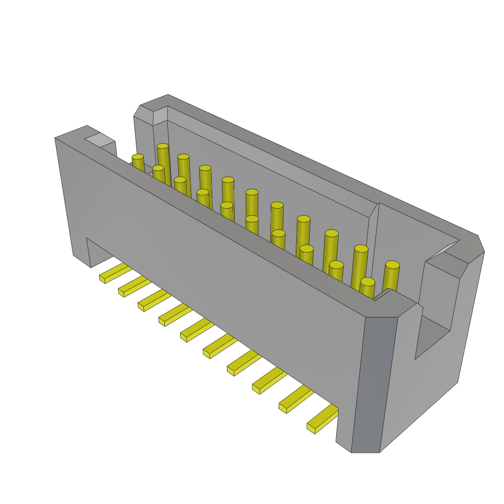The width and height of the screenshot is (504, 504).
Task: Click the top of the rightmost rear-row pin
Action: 392,265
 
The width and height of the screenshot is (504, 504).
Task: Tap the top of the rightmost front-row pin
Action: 367,282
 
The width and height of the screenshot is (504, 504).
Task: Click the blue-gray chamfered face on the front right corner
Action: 374,384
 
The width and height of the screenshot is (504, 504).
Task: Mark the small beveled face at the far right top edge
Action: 480,244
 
